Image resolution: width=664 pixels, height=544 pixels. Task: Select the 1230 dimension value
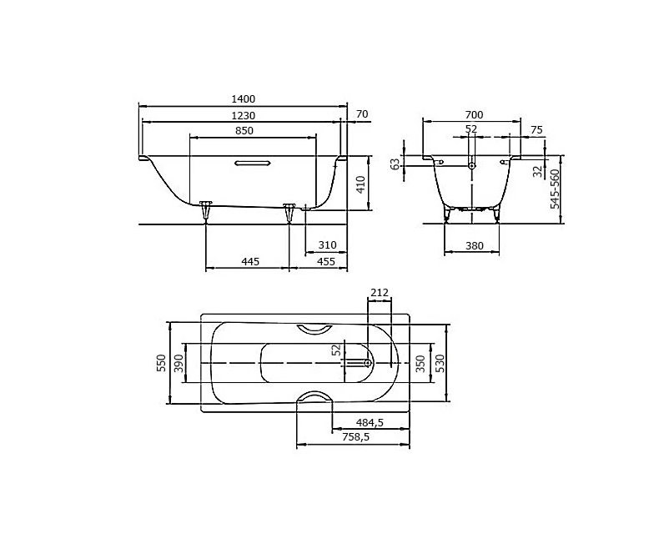coord(244,115)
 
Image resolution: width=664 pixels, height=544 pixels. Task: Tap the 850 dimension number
coord(244,131)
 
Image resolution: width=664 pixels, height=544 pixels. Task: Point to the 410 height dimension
coord(360,184)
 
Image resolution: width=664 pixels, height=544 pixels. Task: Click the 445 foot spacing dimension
coord(250,261)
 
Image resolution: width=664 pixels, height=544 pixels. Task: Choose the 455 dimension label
coord(326,261)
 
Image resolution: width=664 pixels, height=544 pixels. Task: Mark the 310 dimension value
coord(326,244)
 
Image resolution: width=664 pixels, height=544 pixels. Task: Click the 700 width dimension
coord(473,114)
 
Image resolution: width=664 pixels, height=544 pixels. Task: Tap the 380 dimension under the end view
coord(473,245)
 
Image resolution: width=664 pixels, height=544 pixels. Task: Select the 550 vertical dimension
coord(162,362)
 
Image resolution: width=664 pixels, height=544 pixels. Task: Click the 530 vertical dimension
coord(440,362)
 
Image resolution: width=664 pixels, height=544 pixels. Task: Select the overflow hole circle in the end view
coord(472,166)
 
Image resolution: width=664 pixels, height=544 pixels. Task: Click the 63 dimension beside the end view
coord(396,164)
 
